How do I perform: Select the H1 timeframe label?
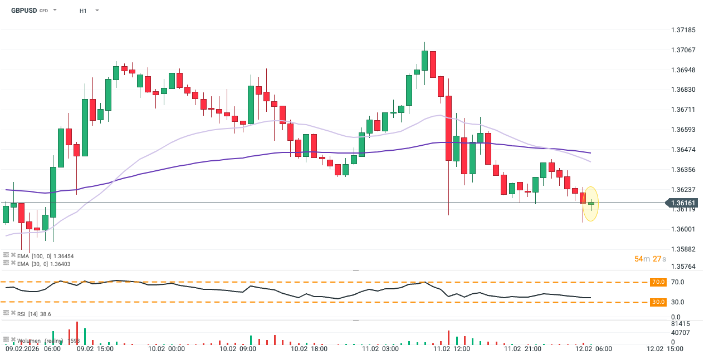(x=83, y=11)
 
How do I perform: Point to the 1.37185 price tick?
(x=683, y=30)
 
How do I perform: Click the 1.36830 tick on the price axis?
(x=683, y=90)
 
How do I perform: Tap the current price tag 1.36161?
(x=683, y=204)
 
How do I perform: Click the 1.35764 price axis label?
(x=683, y=267)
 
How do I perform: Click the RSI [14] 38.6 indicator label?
(x=34, y=314)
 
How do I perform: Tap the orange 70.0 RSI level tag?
(x=658, y=282)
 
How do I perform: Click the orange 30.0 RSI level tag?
(x=658, y=302)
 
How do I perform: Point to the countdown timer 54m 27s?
(x=650, y=259)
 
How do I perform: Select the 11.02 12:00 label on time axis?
(x=451, y=349)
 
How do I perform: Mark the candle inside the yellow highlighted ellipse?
(x=591, y=204)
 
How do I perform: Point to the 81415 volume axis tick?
(x=681, y=323)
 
